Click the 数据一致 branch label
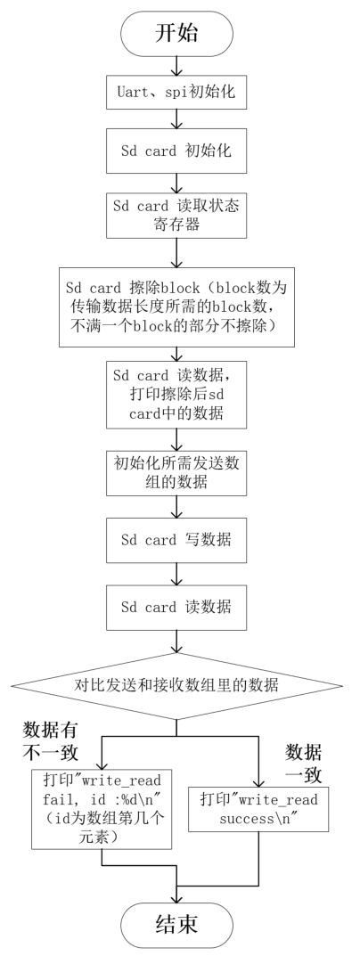[x=307, y=764]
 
